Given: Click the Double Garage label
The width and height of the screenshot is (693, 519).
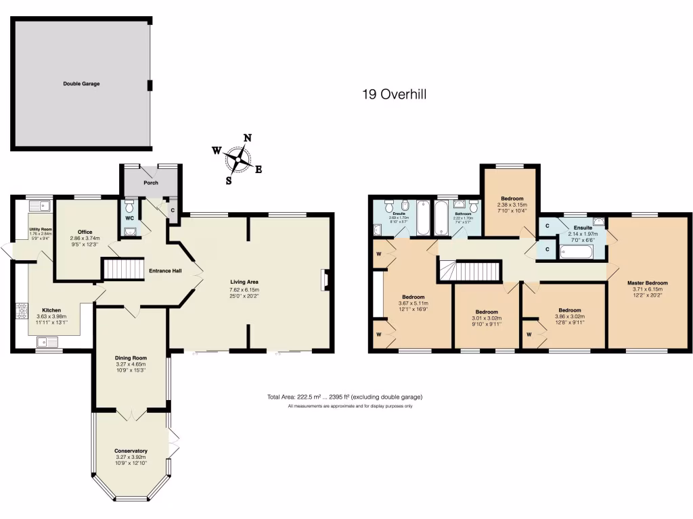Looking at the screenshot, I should [82, 84].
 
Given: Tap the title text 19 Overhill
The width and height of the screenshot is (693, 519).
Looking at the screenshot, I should [394, 95].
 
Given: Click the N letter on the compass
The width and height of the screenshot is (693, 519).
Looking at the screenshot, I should [248, 138].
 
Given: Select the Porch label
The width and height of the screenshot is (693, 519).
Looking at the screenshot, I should [151, 182].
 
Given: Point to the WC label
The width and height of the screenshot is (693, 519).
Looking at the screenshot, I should [129, 218].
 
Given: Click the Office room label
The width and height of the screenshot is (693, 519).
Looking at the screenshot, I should [85, 232].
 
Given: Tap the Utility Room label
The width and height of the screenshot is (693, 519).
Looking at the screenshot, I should [40, 229].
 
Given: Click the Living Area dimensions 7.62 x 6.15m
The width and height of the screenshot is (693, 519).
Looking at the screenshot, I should [244, 290].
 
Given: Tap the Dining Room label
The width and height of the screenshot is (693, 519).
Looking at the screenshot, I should [131, 358].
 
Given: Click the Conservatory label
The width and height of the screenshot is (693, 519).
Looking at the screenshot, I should [131, 451].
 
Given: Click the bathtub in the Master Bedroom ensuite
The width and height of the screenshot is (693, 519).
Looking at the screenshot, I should [577, 253].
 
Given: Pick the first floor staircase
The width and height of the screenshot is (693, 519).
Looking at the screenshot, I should [474, 272].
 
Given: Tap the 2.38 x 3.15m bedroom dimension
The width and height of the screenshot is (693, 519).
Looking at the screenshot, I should [512, 205].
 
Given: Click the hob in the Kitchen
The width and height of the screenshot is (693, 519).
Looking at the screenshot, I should [22, 310].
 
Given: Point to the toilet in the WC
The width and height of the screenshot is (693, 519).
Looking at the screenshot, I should [129, 203].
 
